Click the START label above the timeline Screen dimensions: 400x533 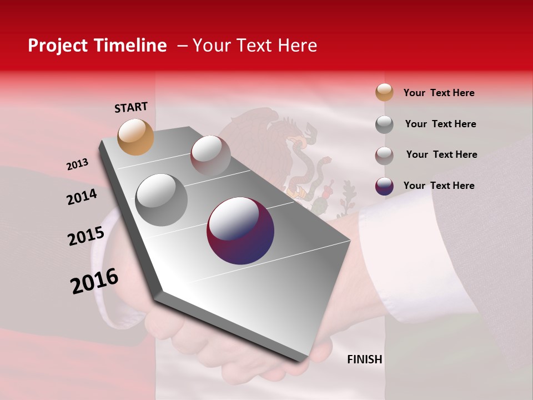[x=131, y=107]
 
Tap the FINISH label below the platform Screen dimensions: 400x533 [x=365, y=359]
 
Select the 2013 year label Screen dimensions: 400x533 [x=77, y=164]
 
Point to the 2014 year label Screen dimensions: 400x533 [x=82, y=197]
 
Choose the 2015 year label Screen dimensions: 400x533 [x=86, y=236]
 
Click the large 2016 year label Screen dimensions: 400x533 [x=94, y=281]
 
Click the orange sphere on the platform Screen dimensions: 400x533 [x=136, y=137]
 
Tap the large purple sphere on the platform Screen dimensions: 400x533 [x=240, y=231]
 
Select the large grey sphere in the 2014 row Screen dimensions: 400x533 [x=162, y=200]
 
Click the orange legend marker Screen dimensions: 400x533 [x=384, y=92]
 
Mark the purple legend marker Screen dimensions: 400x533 [x=384, y=186]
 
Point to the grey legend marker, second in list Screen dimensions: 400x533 [x=384, y=124]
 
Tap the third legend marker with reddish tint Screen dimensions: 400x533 [x=384, y=156]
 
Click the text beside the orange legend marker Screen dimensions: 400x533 [x=439, y=93]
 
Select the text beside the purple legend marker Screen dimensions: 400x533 [x=439, y=186]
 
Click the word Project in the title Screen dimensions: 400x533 [x=57, y=46]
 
